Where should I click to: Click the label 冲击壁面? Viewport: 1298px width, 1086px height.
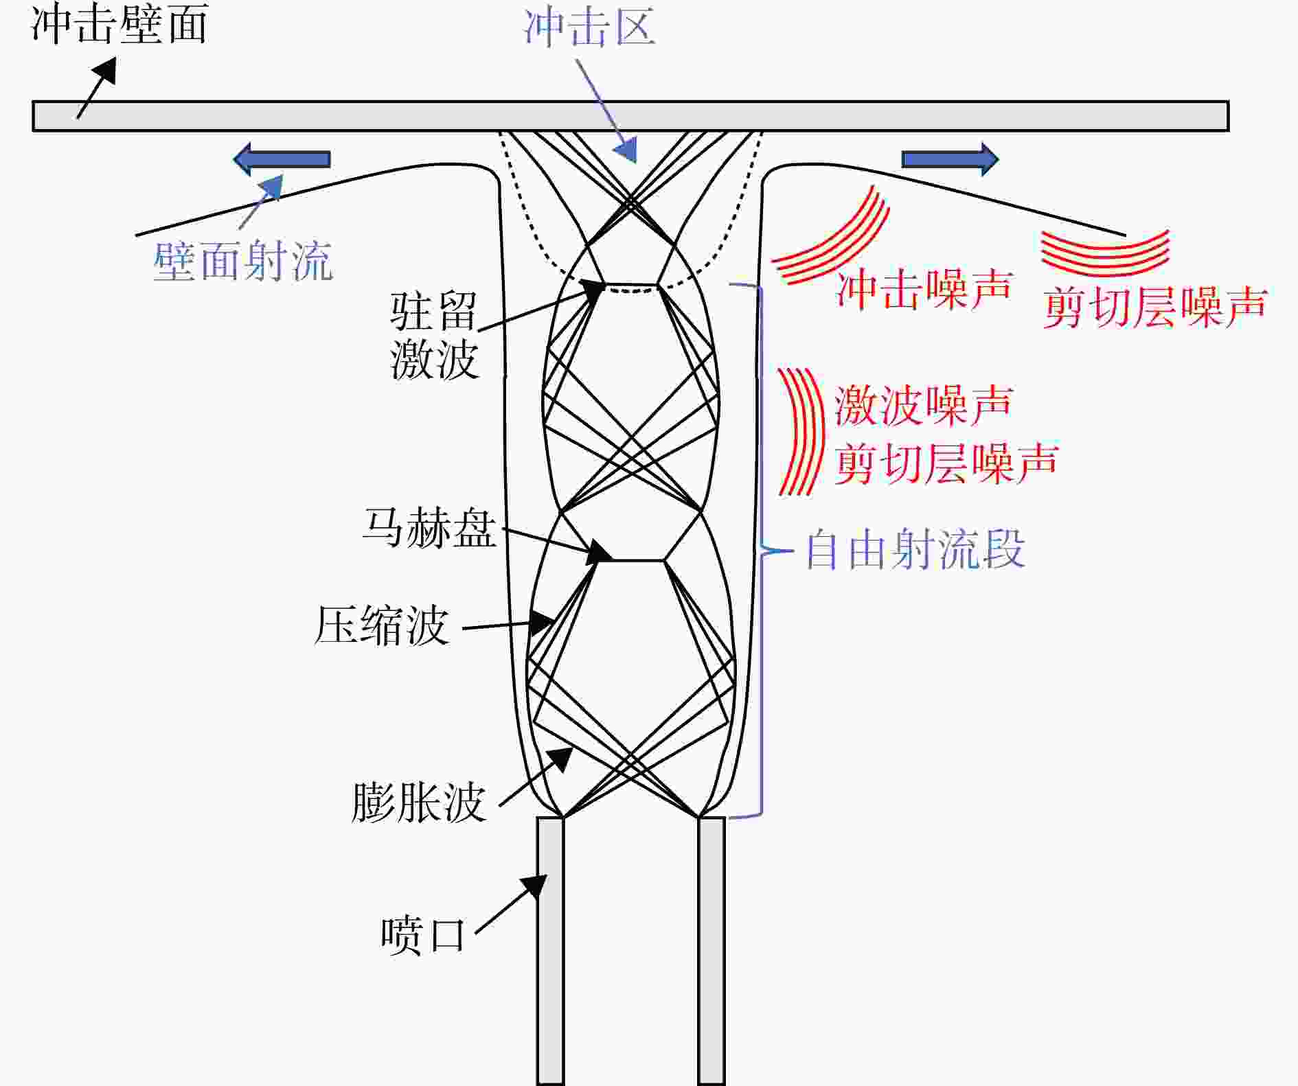click(x=119, y=25)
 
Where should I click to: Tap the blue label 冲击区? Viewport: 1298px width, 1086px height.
click(x=589, y=28)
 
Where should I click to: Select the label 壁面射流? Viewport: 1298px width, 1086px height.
click(x=243, y=261)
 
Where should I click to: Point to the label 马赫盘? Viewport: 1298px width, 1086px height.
click(x=429, y=528)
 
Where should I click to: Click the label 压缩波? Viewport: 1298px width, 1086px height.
click(x=382, y=625)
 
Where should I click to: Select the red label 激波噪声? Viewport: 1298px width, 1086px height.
click(x=924, y=405)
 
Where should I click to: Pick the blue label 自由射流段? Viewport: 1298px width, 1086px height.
click(x=915, y=549)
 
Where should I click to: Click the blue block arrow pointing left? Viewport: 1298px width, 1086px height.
click(x=282, y=159)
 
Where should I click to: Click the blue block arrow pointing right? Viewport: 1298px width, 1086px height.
click(x=950, y=159)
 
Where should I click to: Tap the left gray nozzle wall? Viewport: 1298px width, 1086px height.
click(x=550, y=951)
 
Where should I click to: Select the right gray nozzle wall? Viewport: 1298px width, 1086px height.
click(x=711, y=951)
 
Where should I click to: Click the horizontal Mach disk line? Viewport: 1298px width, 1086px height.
click(x=630, y=561)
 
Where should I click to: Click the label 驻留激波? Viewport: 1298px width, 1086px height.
click(x=434, y=336)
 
